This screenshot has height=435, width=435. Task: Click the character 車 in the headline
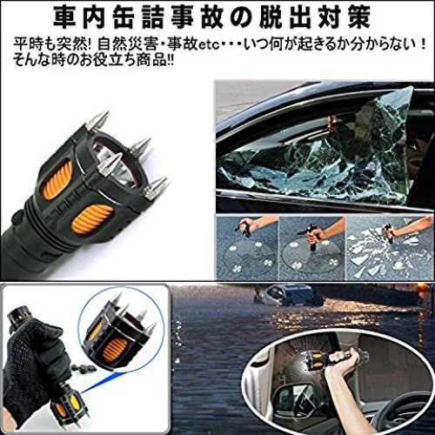(67, 17)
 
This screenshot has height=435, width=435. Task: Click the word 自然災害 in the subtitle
(128, 44)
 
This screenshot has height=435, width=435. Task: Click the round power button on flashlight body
(18, 217)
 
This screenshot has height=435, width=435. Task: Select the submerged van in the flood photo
(293, 295)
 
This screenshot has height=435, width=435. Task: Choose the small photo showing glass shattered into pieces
(390, 248)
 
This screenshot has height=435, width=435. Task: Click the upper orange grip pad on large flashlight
(58, 180)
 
